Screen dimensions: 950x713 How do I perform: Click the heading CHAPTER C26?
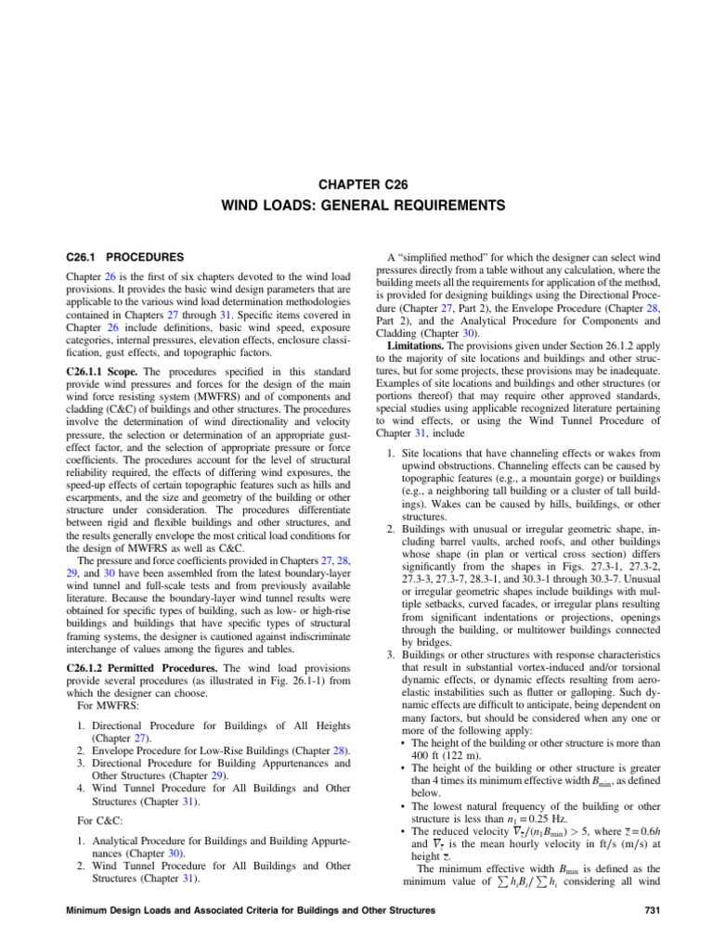pyautogui.click(x=356, y=182)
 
